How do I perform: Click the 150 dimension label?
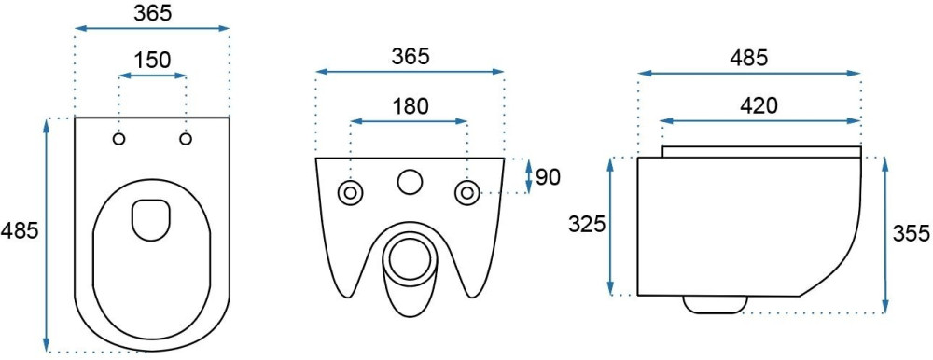[152, 60]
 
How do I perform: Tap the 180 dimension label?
[410, 106]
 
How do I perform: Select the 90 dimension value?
[548, 176]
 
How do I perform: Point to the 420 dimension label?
[759, 105]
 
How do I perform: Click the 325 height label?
[587, 225]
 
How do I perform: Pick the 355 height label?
[911, 234]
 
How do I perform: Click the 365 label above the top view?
[152, 14]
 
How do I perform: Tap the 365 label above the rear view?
[410, 57]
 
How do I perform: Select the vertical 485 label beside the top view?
[19, 230]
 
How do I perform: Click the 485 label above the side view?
[750, 58]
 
